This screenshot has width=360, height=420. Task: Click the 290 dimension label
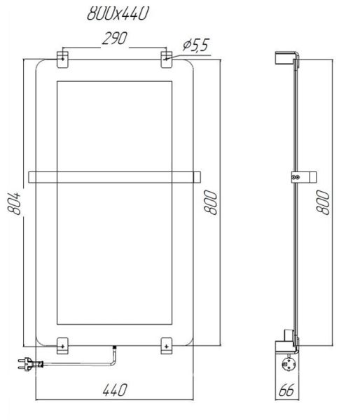click(x=114, y=38)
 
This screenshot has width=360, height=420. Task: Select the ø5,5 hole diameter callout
click(x=195, y=45)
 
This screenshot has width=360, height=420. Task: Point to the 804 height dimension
click(x=14, y=203)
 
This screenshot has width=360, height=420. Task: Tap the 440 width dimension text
click(x=114, y=390)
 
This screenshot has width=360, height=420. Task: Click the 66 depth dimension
click(x=286, y=390)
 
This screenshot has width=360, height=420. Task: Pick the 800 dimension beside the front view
click(x=210, y=202)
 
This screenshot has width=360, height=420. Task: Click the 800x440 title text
click(x=118, y=13)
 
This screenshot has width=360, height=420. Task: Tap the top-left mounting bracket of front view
click(x=62, y=59)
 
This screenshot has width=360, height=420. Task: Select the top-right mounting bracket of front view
click(x=166, y=59)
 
